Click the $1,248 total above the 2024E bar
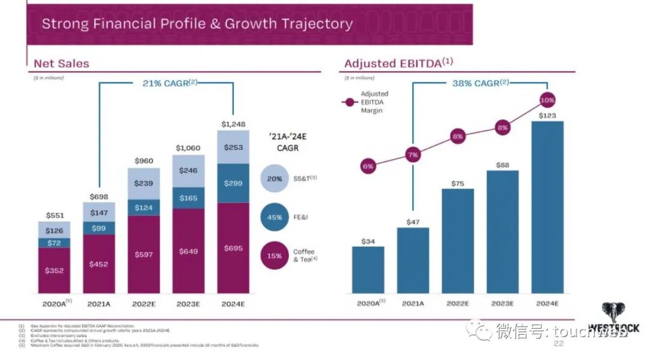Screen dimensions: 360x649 point(234,124)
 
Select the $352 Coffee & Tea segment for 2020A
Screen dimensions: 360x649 point(53,270)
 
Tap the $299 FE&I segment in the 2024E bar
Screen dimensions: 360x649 point(234,183)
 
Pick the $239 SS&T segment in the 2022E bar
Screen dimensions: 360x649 point(144,183)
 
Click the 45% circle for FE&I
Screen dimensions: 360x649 point(275,218)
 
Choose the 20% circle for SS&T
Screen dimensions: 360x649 point(275,178)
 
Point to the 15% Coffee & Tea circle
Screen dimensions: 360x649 point(275,255)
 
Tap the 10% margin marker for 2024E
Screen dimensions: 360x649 point(547,100)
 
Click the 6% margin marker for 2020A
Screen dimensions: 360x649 point(368,166)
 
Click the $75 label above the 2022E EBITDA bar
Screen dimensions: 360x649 point(458,184)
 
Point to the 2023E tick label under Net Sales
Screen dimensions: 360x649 point(189,304)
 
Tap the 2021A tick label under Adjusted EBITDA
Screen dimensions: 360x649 point(413,304)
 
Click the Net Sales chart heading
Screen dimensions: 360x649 point(61,64)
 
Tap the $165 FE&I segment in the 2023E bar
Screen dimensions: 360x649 point(189,197)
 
